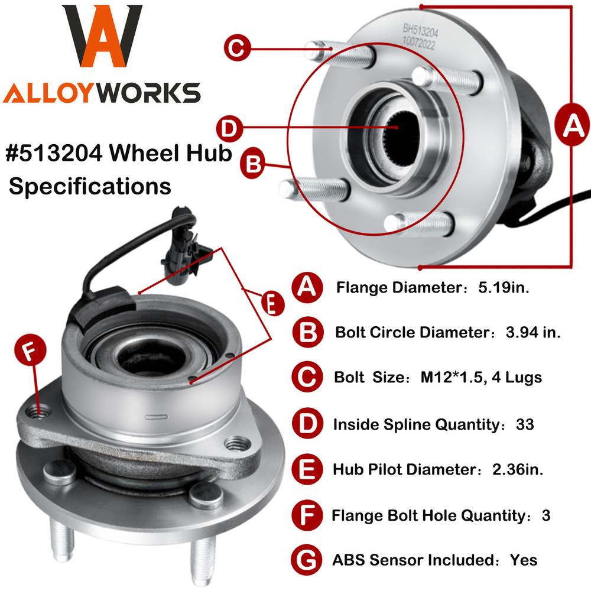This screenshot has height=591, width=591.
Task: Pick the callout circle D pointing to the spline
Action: tap(229, 127)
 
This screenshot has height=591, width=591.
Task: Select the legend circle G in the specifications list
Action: tap(307, 558)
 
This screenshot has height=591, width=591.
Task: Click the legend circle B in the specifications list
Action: tap(308, 332)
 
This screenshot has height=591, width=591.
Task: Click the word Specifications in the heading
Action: tap(90, 186)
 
